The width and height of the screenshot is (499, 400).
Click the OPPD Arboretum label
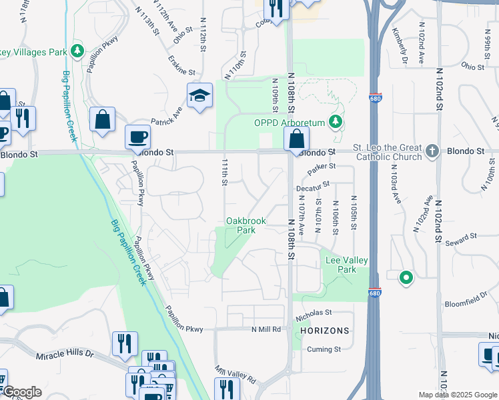pos(288,123)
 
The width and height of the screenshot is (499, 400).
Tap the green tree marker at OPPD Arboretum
pos(336,122)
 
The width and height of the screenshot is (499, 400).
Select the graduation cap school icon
pos(199,97)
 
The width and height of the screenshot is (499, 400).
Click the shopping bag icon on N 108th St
pos(296,139)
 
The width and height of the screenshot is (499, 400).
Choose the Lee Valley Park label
pos(346,265)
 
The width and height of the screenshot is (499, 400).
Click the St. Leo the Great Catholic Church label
pos(388,152)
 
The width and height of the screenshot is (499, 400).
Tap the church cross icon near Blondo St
pos(433,151)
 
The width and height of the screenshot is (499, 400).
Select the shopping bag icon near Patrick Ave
pos(102,121)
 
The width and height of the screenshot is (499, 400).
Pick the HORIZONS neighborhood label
pos(324,331)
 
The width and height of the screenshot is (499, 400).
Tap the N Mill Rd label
pos(268,329)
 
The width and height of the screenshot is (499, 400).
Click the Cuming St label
pos(324,349)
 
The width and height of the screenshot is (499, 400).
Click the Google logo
pos(21,392)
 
